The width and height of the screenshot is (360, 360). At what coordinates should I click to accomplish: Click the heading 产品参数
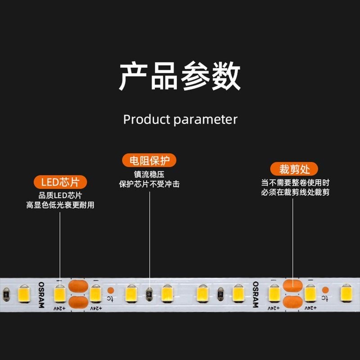[x=180, y=77]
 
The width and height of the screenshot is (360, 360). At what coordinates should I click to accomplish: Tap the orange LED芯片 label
[x=60, y=182]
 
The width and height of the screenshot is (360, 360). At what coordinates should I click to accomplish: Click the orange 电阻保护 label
[x=149, y=161]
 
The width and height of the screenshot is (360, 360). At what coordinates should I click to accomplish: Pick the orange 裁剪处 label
[x=294, y=170]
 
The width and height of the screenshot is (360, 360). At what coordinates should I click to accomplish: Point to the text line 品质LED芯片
[x=60, y=196]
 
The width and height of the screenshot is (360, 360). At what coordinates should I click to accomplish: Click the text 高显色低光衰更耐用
[x=60, y=205]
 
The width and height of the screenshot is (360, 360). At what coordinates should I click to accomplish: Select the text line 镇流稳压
[x=149, y=175]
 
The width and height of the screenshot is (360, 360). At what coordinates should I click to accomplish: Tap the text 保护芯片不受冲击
[x=149, y=184]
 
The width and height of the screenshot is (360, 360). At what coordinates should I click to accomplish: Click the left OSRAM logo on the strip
[x=41, y=295]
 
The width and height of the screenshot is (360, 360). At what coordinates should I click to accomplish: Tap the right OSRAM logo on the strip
[x=255, y=295]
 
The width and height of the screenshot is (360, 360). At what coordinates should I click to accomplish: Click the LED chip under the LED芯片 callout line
[x=60, y=294]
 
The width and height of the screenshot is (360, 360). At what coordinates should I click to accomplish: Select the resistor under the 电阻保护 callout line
[x=149, y=294]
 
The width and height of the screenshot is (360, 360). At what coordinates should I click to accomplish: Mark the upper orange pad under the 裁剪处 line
[x=292, y=285]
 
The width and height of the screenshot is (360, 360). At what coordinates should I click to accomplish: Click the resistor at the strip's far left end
[x=6, y=294]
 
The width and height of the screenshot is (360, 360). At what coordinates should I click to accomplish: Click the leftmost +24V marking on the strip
[x=59, y=309]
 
